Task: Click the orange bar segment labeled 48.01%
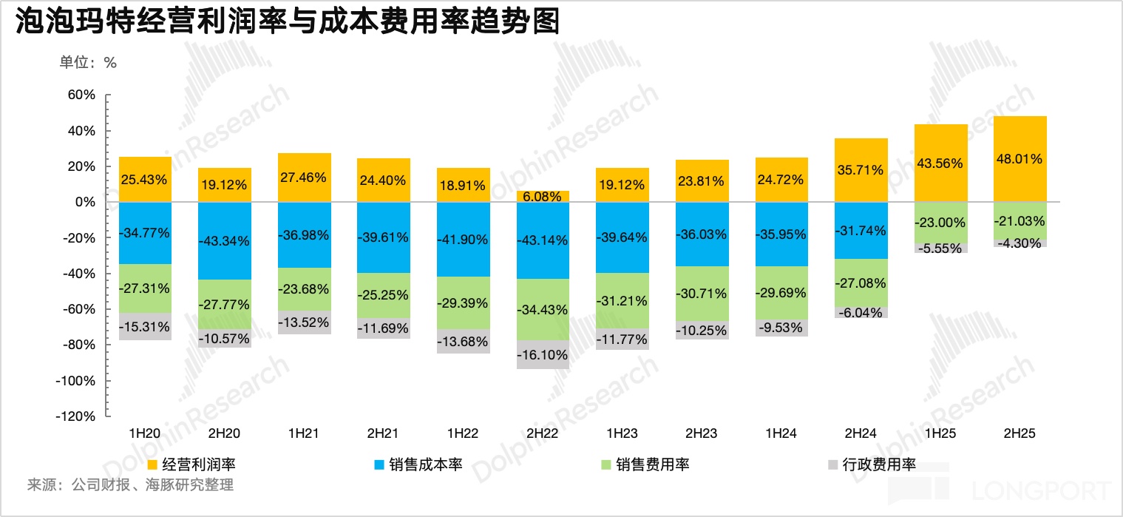pos(1021,158)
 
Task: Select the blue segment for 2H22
pos(543,240)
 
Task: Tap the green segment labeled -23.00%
pos(940,222)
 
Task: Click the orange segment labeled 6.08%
pos(543,196)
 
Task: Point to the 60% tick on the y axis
pos(81,95)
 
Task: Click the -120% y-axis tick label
pos(76,416)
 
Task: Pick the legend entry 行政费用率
pos(879,464)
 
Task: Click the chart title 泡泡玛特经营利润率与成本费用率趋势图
pos(287,22)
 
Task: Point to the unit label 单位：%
pos(88,63)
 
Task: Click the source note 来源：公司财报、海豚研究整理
pos(130,486)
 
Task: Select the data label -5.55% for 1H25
pos(940,249)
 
